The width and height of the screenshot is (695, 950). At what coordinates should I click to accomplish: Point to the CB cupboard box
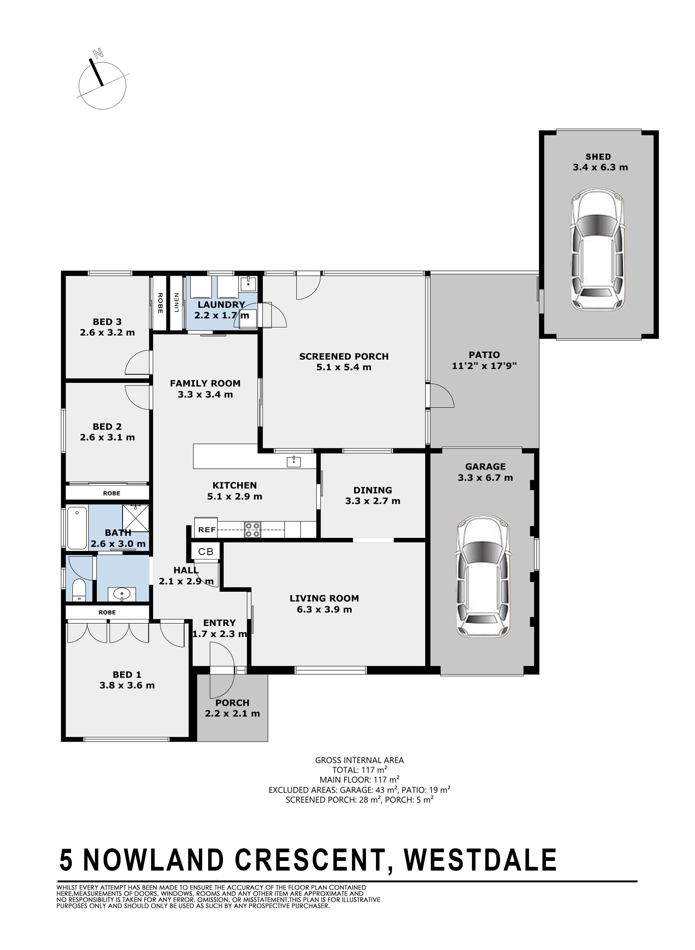[206, 552]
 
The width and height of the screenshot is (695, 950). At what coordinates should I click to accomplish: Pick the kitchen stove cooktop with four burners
[252, 530]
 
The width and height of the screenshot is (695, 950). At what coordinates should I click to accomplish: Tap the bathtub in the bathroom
[77, 528]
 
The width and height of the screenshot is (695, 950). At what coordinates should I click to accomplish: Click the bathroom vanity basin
[122, 594]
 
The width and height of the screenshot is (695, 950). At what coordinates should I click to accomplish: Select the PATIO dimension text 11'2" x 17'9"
[484, 365]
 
